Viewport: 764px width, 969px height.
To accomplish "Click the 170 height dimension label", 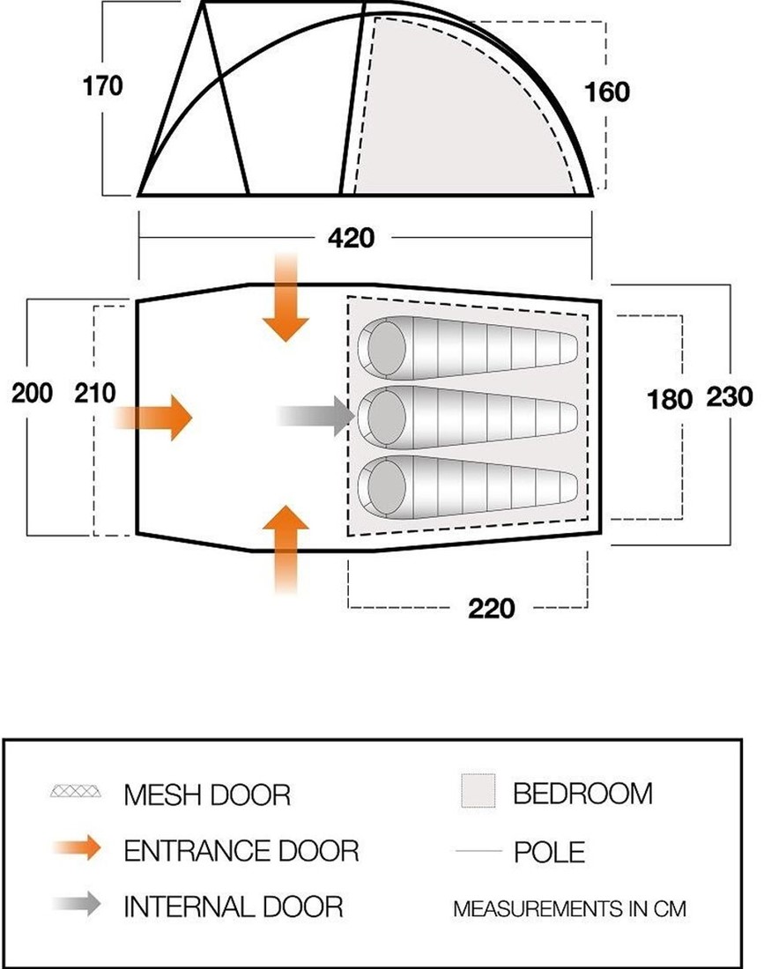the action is (x=102, y=85).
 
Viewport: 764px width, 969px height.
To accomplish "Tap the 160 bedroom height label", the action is (x=607, y=92).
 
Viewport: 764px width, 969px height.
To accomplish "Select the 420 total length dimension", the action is (x=351, y=237).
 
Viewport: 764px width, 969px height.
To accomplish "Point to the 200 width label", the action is (x=32, y=393).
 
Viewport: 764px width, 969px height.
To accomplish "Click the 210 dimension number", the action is (x=95, y=393).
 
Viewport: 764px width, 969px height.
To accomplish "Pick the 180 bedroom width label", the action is (x=670, y=399).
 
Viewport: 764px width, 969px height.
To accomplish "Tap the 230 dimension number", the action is (x=730, y=396).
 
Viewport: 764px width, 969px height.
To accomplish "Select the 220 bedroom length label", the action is (x=492, y=608).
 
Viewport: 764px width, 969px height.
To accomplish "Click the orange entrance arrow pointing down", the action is (x=285, y=297).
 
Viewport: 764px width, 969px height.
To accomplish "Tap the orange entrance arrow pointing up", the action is (x=285, y=550).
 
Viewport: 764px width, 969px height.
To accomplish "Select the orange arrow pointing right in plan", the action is (x=154, y=418).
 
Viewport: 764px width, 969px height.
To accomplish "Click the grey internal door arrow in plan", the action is (x=316, y=416).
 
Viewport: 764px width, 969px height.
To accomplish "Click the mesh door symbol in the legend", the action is (x=76, y=791).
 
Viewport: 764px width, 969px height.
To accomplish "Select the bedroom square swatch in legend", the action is (x=478, y=790).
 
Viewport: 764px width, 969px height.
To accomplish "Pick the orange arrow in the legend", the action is (x=78, y=847).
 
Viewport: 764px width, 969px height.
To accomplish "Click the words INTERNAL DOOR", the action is (x=233, y=906).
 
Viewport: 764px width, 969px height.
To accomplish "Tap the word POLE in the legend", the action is (x=550, y=853).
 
